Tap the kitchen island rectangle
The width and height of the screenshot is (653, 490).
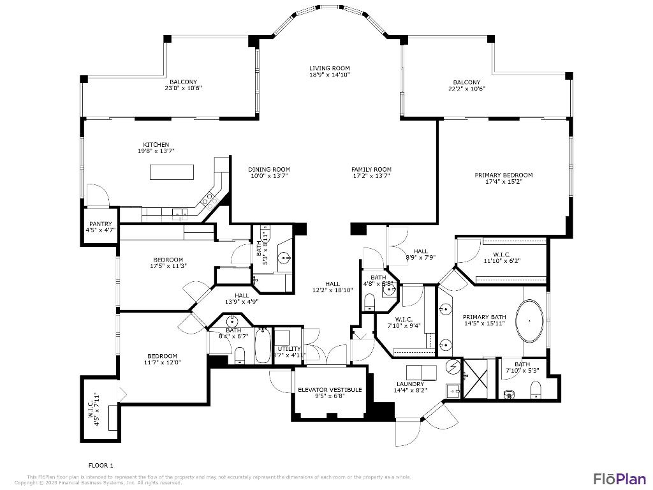click(172, 172)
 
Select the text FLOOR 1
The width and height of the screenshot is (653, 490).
click(101, 465)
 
